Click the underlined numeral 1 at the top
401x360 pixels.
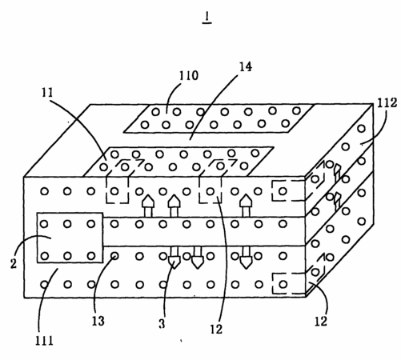click(x=207, y=18)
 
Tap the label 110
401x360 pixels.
click(x=189, y=75)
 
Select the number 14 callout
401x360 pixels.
click(x=245, y=66)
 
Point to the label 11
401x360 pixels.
click(x=47, y=93)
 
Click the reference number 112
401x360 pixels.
click(x=387, y=102)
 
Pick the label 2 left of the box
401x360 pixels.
click(x=14, y=263)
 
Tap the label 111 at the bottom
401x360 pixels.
click(x=44, y=341)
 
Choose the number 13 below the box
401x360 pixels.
click(x=98, y=321)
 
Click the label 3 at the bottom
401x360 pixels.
click(x=162, y=324)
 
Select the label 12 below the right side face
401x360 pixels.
click(x=321, y=322)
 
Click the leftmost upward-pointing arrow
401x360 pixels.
click(x=148, y=206)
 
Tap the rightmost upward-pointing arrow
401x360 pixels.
click(x=245, y=206)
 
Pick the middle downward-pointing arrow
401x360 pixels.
click(x=198, y=257)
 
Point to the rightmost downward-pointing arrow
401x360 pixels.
click(x=246, y=257)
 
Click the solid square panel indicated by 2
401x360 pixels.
click(x=70, y=238)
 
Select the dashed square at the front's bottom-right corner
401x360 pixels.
click(x=289, y=283)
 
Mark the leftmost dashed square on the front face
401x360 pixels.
click(x=117, y=190)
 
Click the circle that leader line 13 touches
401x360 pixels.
click(x=114, y=256)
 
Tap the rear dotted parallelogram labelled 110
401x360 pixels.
click(x=219, y=118)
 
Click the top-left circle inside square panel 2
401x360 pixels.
click(x=44, y=224)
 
